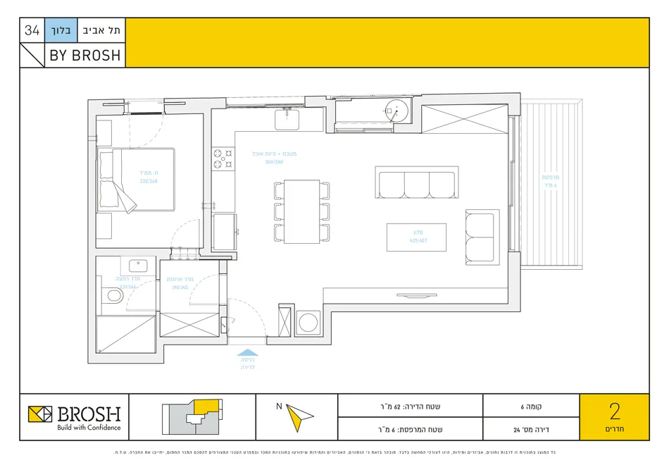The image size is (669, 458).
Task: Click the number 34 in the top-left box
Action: coord(32,30)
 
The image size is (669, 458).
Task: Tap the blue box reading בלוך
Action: coord(59,30)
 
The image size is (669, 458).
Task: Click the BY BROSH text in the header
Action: coord(85,56)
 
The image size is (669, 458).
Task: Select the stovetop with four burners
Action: coord(223,158)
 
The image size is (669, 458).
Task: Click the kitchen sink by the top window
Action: coord(287,120)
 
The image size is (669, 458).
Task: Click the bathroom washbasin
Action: coord(137,267)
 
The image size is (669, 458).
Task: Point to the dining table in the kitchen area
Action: coord(301,211)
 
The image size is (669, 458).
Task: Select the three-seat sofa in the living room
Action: coord(416,184)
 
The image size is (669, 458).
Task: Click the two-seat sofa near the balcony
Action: coord(482,236)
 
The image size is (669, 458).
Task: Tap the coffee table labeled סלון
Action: coord(416,237)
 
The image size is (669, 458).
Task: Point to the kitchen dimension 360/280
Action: coord(274,162)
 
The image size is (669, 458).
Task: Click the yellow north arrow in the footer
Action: coord(299,418)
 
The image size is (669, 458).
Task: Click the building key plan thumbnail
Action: coord(192,417)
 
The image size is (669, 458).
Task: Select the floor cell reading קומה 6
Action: coord(531,406)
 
